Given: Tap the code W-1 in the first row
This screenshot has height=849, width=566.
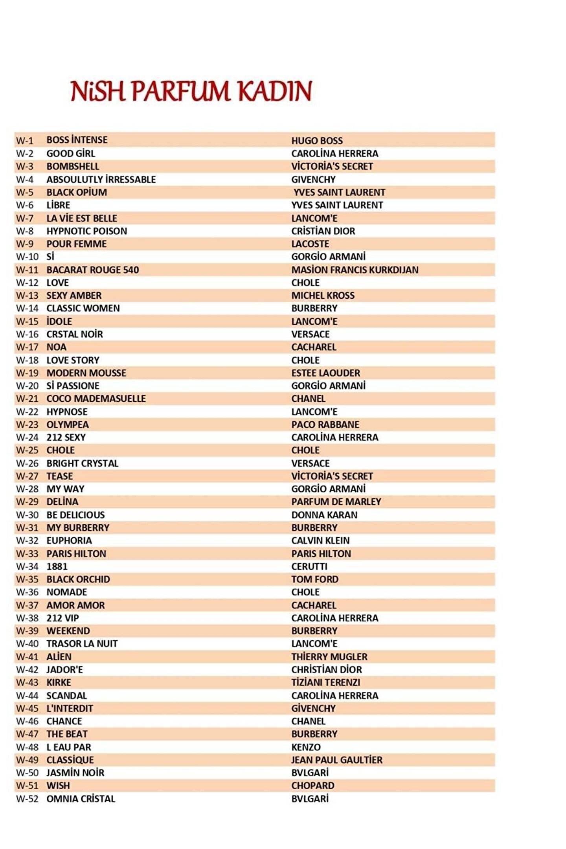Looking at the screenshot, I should (24, 140).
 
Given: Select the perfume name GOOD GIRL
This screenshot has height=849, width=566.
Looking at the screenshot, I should (71, 153).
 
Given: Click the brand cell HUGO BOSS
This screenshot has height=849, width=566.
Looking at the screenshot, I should (317, 140).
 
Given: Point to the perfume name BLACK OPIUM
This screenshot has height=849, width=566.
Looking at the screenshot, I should (77, 192).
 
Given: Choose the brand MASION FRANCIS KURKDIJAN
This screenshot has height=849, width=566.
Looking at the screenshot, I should (355, 270).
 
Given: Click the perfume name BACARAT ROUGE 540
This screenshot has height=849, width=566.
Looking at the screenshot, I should (92, 270).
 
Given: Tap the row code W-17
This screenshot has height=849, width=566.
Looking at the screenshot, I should (27, 347).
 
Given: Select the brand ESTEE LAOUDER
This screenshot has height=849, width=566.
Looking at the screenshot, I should (325, 373).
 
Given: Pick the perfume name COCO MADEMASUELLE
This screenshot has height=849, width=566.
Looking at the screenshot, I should (96, 399).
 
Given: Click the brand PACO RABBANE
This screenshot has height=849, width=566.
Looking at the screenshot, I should (325, 424).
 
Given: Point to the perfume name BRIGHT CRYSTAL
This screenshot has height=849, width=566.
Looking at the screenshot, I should (82, 463).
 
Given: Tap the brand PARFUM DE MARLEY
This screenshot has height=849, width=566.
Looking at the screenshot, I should (336, 502).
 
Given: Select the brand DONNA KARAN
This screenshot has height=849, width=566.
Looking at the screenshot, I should (324, 515).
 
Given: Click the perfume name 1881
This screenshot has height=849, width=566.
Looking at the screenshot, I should (57, 566).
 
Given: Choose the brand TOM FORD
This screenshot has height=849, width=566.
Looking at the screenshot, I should (314, 579).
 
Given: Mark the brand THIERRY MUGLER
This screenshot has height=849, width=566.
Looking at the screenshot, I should (329, 656).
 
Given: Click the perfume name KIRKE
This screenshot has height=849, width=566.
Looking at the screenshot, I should (59, 682).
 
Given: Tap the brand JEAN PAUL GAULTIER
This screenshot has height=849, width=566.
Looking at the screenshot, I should (336, 760).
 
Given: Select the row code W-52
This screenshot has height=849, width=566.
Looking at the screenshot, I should (27, 798).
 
